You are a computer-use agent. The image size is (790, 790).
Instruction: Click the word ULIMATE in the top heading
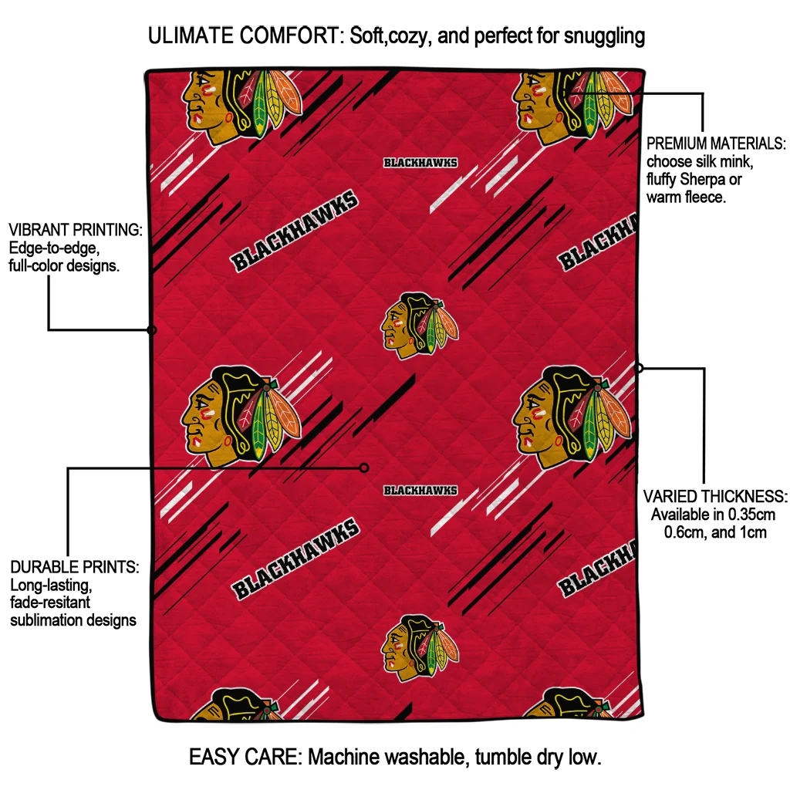tap(191, 35)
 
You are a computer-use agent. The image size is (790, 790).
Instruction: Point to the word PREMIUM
tap(675, 143)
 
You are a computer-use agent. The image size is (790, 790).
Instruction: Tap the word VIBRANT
tap(39, 230)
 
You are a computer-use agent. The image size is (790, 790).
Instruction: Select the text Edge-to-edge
tap(54, 248)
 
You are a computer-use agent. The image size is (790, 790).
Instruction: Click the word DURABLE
tap(42, 567)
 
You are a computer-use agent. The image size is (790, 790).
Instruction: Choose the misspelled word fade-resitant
tap(50, 602)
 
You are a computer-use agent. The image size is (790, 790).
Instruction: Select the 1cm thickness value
tap(753, 532)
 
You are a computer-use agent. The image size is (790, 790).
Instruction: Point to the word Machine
tap(342, 758)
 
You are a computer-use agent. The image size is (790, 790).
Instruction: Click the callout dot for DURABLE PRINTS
tap(364, 468)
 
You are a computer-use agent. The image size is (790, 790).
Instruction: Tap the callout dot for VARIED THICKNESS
tap(638, 368)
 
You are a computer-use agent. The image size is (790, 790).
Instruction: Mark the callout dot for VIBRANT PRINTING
tap(152, 330)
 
